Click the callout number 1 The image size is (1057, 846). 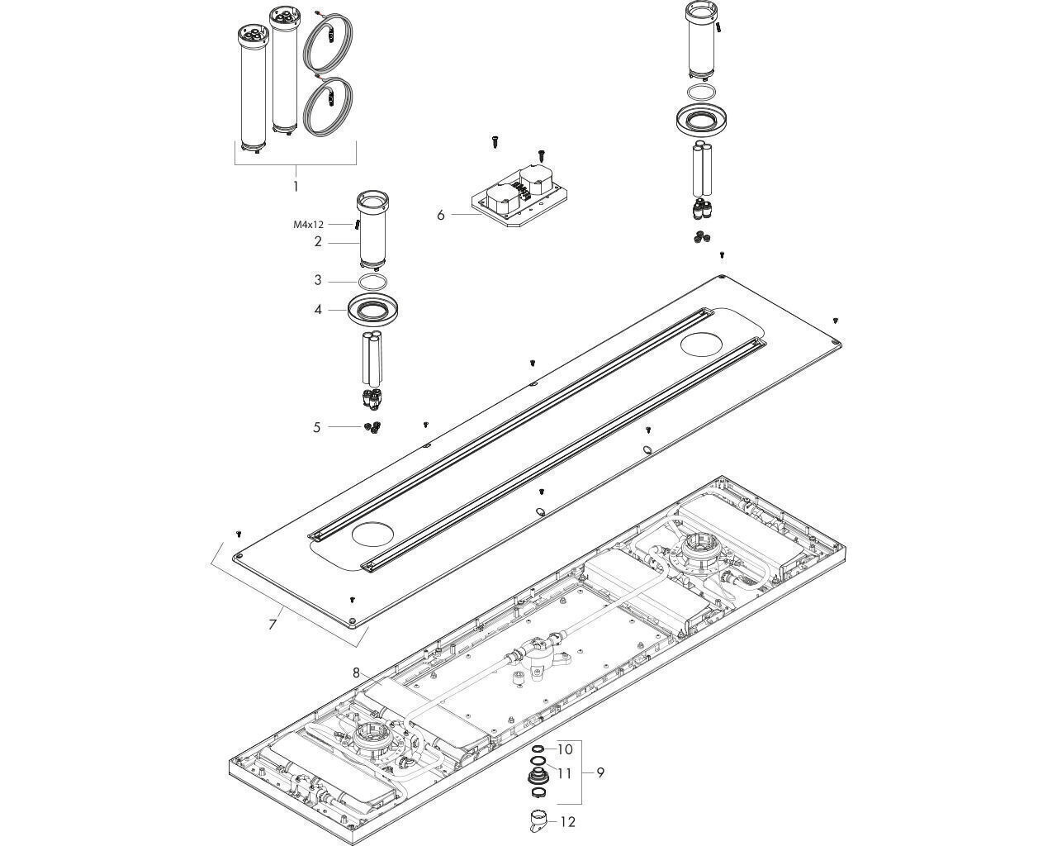tap(295, 186)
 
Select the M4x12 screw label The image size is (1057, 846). tap(308, 224)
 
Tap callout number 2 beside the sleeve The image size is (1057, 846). tap(318, 242)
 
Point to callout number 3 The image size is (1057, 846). tap(318, 280)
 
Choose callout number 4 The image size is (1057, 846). tap(318, 310)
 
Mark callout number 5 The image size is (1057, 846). tap(316, 427)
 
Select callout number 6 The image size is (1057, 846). tap(441, 215)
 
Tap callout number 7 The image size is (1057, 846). tap(273, 624)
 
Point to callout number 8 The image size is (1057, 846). tap(357, 673)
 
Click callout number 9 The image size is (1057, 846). tap(600, 772)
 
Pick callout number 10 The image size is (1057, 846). tap(565, 749)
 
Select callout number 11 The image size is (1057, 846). tap(565, 773)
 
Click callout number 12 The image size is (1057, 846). tap(567, 822)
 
